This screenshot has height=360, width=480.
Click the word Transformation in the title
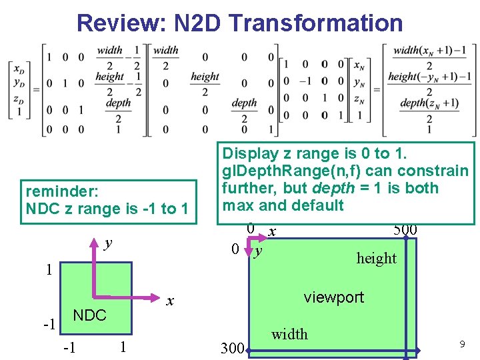coord(315,23)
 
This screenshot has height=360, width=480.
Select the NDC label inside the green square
coord(89,315)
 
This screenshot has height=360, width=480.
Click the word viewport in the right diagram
coord(333,297)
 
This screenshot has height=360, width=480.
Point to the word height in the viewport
coord(376,258)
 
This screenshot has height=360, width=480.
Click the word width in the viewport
coord(289,334)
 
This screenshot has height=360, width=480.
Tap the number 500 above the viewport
coord(405,230)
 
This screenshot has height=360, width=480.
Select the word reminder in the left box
coord(62,192)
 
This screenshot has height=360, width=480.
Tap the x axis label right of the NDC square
coord(170,301)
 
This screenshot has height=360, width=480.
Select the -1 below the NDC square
coord(68,347)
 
